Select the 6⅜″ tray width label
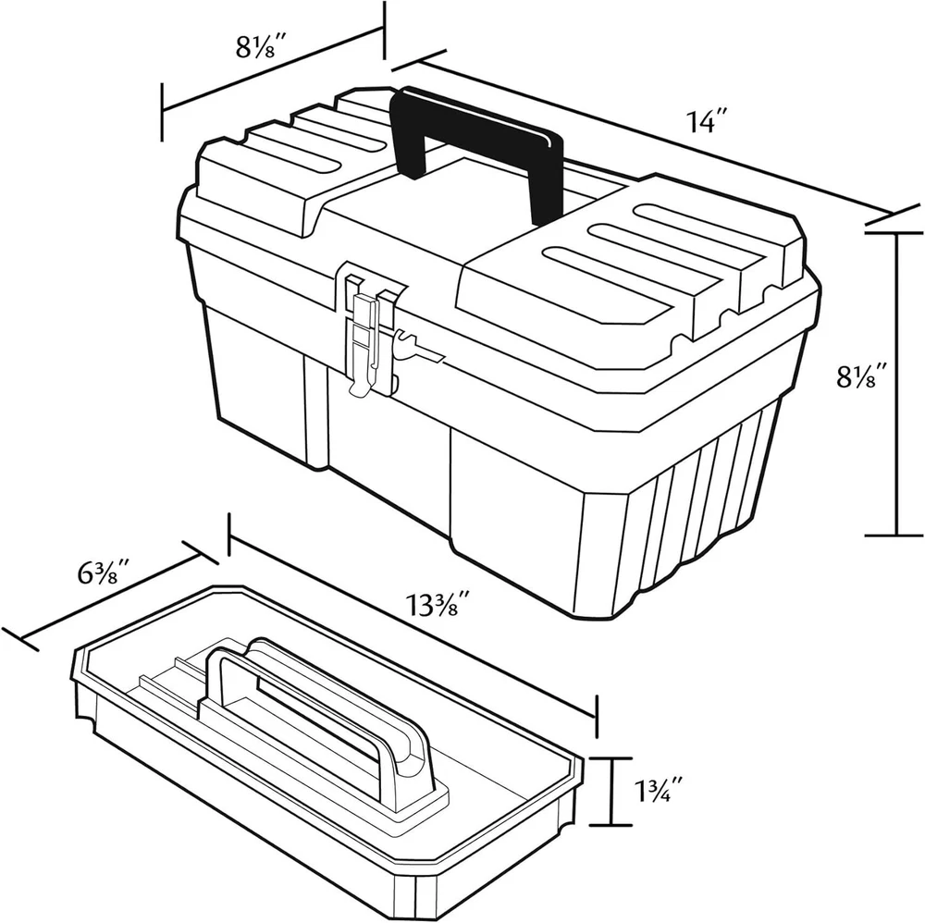(x=104, y=573)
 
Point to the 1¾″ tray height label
(x=660, y=791)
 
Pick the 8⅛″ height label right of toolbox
(x=862, y=375)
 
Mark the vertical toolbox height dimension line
(x=897, y=384)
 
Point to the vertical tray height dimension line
(x=612, y=792)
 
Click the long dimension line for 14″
(x=655, y=136)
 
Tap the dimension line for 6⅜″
(x=110, y=596)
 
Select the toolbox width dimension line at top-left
(x=273, y=70)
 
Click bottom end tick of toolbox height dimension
(x=897, y=535)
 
